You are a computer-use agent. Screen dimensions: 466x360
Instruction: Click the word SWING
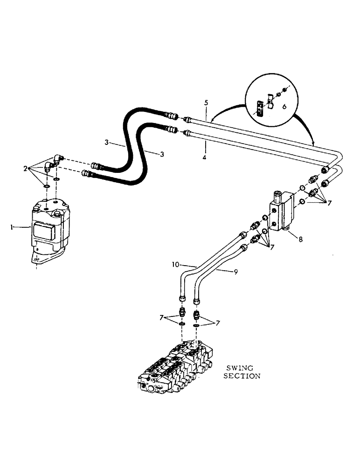[242, 368]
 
